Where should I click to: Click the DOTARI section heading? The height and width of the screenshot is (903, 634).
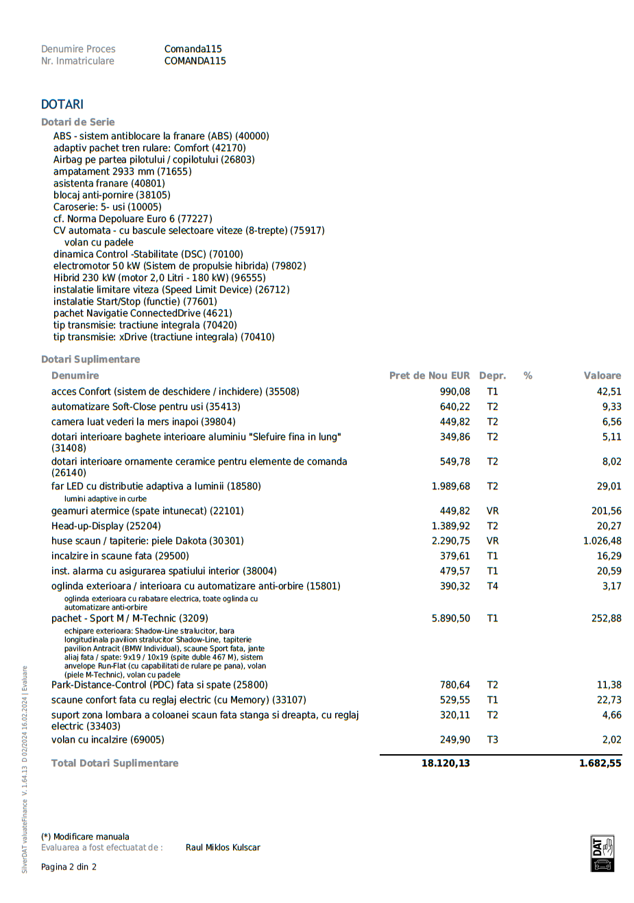click(x=62, y=104)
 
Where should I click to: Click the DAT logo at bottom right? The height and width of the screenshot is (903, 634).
click(x=602, y=854)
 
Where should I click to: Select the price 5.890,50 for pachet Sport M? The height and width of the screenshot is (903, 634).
click(x=450, y=618)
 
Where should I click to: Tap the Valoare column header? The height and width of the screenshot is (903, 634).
click(x=602, y=376)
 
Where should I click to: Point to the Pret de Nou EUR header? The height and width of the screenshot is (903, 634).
click(x=429, y=376)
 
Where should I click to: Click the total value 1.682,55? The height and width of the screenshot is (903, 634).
click(x=600, y=763)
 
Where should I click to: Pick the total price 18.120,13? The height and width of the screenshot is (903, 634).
click(x=446, y=763)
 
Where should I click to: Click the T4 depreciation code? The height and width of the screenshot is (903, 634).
click(x=492, y=586)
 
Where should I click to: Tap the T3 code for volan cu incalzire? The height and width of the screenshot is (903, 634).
click(x=492, y=740)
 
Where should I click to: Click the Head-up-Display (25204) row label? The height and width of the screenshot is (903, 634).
click(x=106, y=526)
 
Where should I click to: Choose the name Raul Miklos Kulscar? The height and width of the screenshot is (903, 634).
click(x=223, y=847)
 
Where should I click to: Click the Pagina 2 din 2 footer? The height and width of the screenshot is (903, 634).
click(x=69, y=867)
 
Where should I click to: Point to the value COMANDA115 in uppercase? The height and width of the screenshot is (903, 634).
click(x=195, y=61)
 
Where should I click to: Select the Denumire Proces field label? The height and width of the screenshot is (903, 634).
click(x=78, y=49)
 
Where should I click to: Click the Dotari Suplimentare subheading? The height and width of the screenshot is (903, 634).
click(x=90, y=359)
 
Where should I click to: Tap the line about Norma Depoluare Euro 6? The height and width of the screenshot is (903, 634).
click(x=133, y=219)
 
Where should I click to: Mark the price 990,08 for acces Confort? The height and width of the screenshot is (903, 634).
click(x=454, y=392)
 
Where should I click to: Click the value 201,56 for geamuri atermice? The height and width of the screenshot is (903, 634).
click(x=606, y=511)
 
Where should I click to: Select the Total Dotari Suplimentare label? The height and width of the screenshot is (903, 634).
click(x=114, y=763)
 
